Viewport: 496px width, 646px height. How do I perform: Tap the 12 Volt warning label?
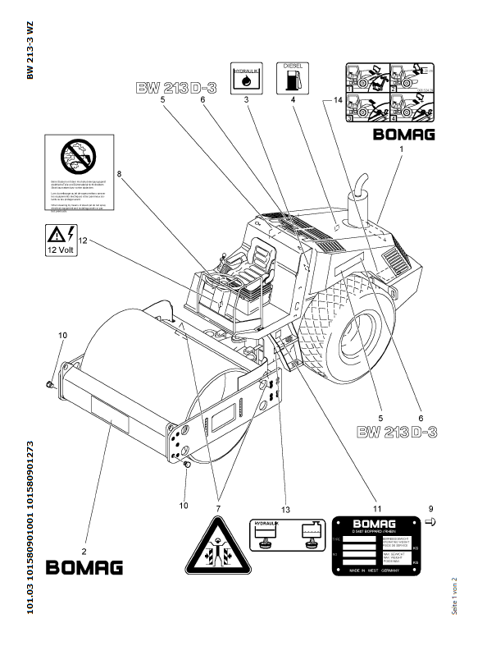pyautogui.click(x=61, y=241)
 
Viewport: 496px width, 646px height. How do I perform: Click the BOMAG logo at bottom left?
pyautogui.click(x=84, y=567)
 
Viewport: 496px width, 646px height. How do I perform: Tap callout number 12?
pyautogui.click(x=83, y=241)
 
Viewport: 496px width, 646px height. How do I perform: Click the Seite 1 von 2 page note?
pyautogui.click(x=453, y=593)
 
